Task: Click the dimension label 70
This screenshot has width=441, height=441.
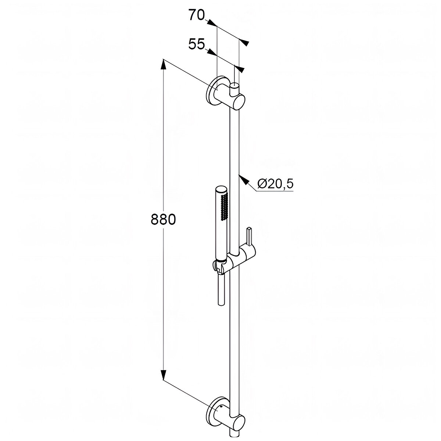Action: point(197,15)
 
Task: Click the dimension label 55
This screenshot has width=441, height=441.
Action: point(196,44)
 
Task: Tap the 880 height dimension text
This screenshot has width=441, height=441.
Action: point(163,219)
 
